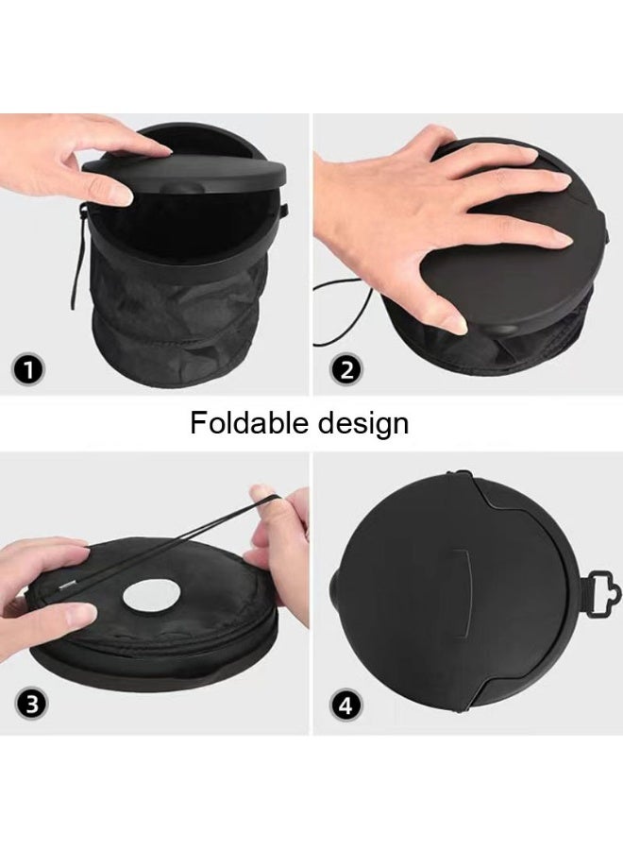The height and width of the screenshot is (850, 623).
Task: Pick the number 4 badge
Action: tap(346, 703)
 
